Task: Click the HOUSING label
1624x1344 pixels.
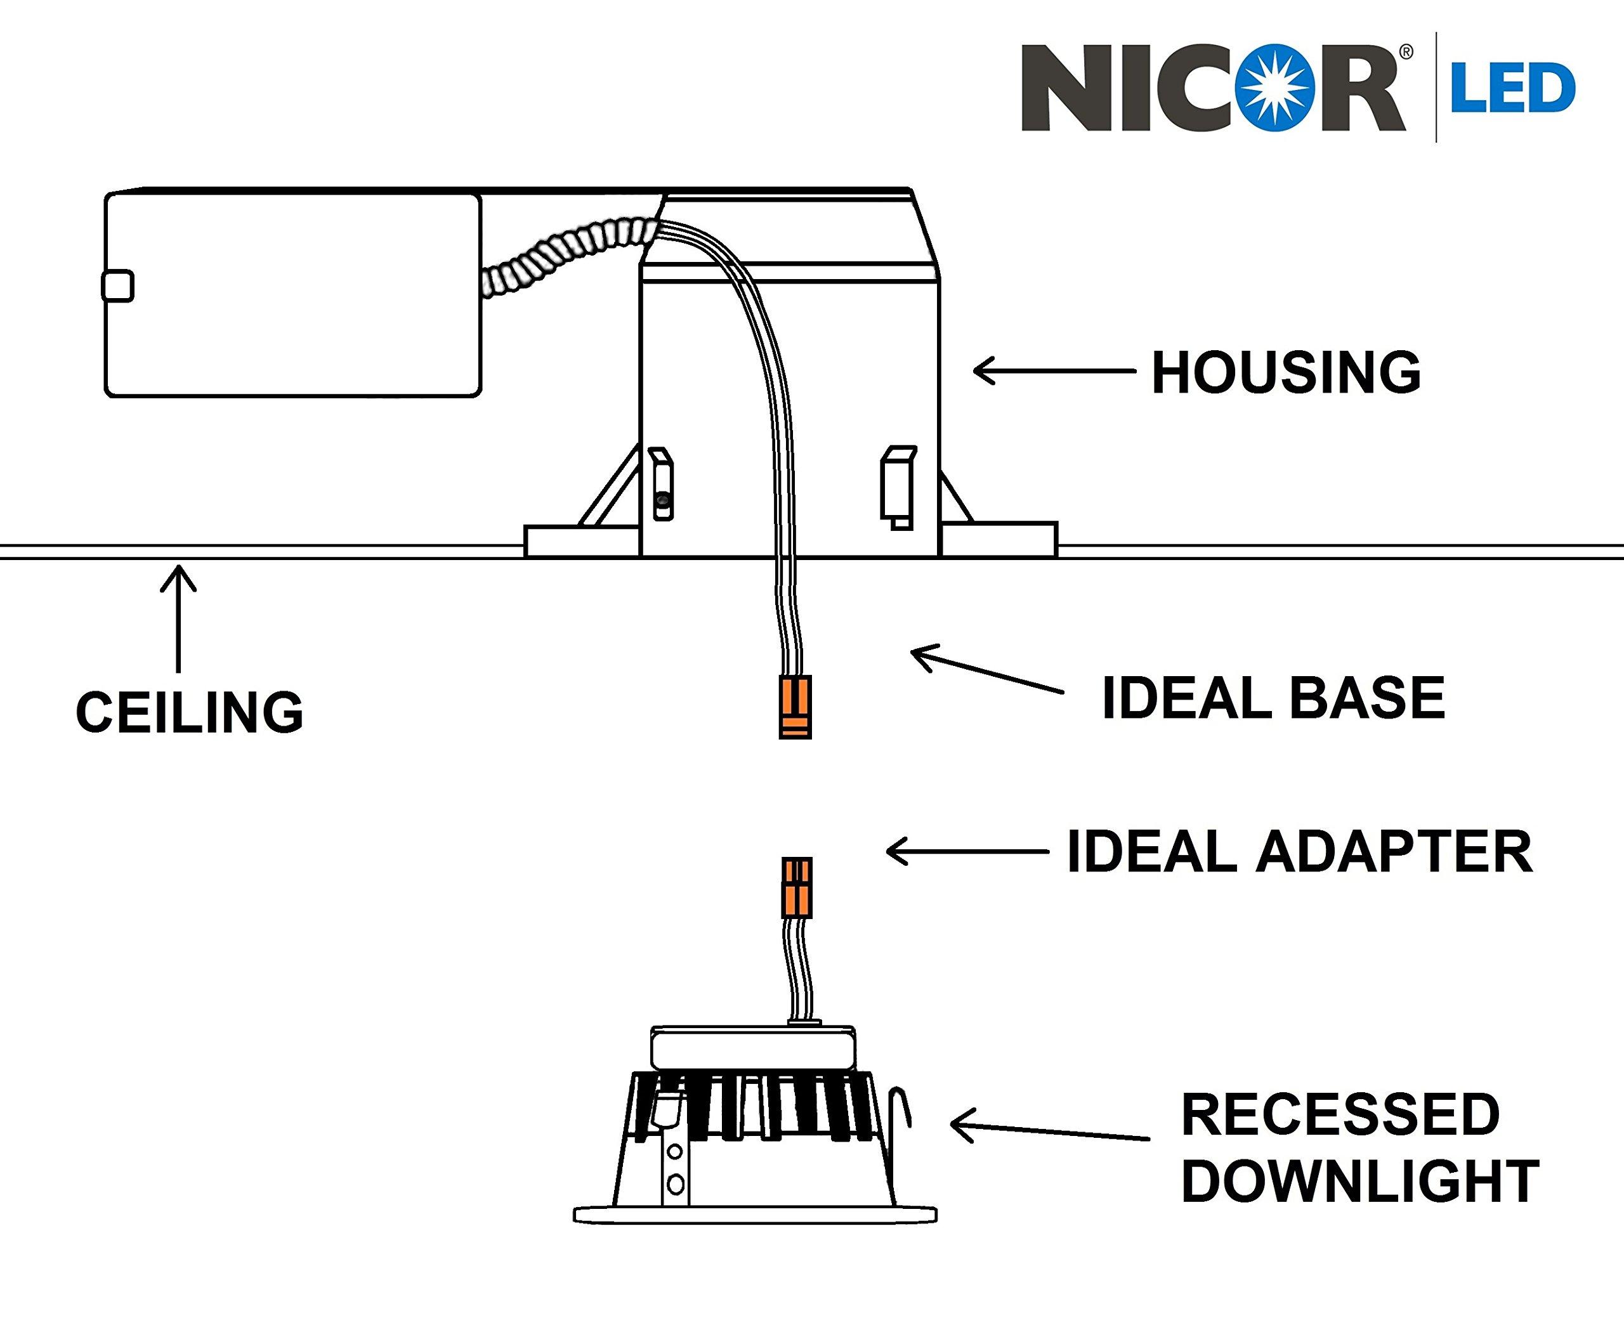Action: (x=1285, y=373)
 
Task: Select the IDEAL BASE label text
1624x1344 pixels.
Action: (x=1273, y=698)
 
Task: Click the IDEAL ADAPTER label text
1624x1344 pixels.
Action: (x=1299, y=852)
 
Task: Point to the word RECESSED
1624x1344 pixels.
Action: (x=1340, y=1114)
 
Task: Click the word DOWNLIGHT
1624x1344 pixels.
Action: (x=1359, y=1182)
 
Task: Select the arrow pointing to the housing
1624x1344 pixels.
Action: (x=1053, y=371)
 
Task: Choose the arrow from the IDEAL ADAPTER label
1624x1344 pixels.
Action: (x=967, y=851)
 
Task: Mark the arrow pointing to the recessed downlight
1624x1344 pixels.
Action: (x=1048, y=1130)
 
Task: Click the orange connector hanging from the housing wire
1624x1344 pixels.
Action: (x=795, y=706)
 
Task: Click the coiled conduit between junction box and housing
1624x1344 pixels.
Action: (x=568, y=255)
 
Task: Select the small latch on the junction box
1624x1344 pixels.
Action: (x=117, y=286)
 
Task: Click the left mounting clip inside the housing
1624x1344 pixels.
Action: (x=662, y=483)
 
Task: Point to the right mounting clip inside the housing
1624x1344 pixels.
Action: (x=899, y=486)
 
